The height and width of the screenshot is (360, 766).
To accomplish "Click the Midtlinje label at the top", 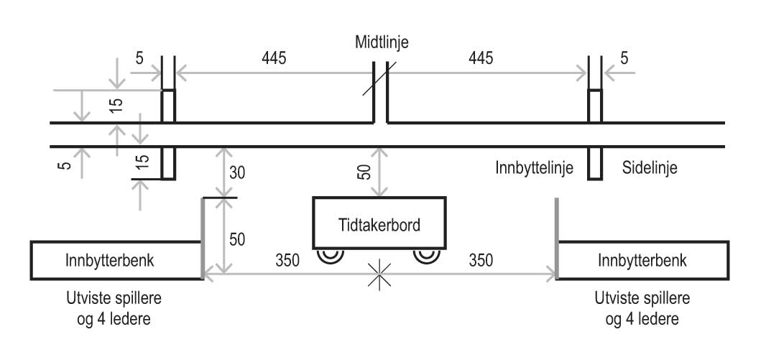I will [382, 42].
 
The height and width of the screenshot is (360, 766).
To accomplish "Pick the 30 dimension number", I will [238, 172].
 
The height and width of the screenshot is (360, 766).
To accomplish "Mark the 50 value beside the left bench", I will [238, 239].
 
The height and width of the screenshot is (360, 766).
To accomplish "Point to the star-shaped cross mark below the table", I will [379, 273].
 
